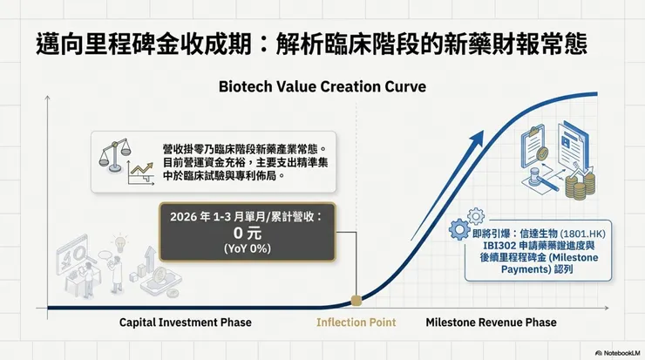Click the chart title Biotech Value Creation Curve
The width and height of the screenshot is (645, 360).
322,87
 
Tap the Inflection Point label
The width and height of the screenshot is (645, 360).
355,323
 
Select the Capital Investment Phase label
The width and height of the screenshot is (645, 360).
185,323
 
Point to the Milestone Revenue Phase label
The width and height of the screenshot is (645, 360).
490,323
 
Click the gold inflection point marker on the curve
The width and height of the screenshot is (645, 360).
356,302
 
